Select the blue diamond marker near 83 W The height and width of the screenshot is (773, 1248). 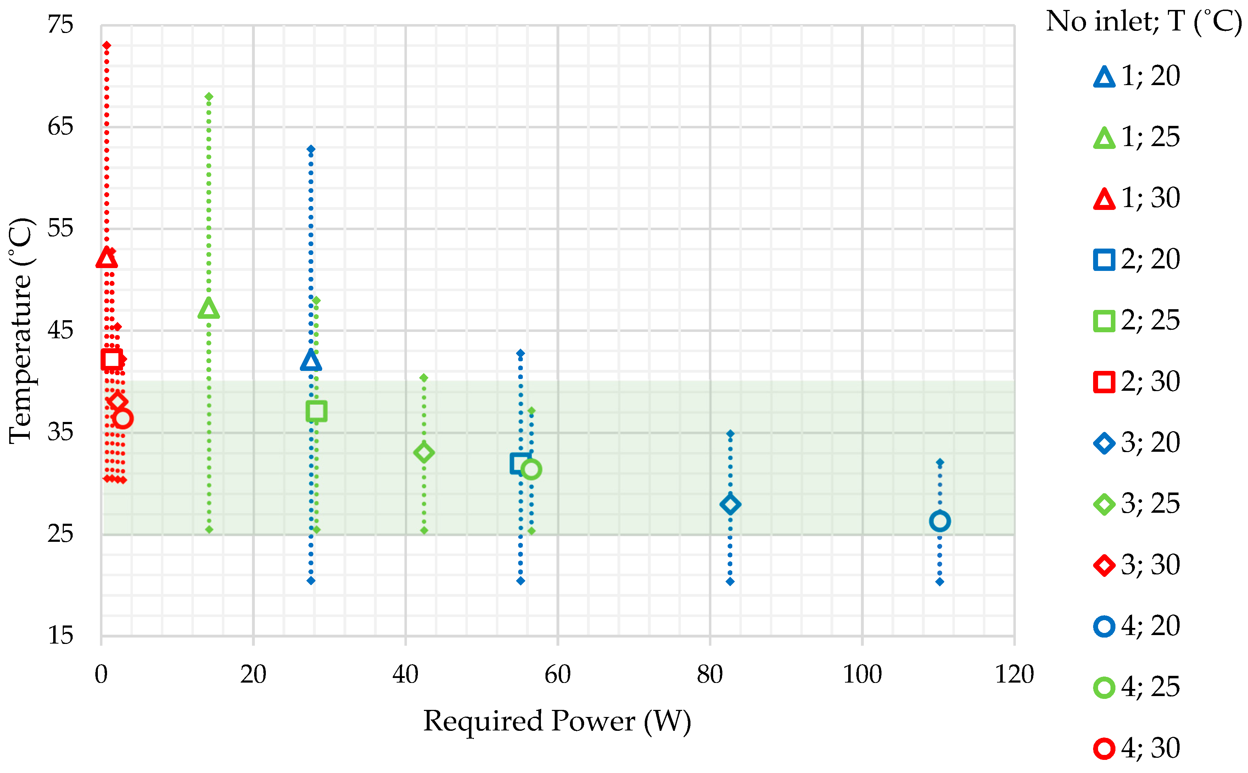click(730, 504)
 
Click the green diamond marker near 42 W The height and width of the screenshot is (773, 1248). click(424, 452)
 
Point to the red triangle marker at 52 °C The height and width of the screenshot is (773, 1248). click(106, 258)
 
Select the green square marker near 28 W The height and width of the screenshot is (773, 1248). click(317, 411)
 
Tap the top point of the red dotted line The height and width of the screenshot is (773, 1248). click(106, 45)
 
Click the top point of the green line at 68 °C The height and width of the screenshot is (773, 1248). click(208, 96)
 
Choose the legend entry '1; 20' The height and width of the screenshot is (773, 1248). click(1137, 76)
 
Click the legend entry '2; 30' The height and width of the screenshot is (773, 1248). click(1137, 382)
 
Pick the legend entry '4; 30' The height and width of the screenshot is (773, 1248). click(1137, 748)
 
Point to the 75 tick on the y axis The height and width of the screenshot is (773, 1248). click(60, 24)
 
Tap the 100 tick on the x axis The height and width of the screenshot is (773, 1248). click(862, 674)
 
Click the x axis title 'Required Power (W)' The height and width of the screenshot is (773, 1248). click(557, 721)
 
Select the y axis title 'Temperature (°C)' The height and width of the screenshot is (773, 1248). click(21, 331)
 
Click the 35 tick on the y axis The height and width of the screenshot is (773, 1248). click(60, 432)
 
